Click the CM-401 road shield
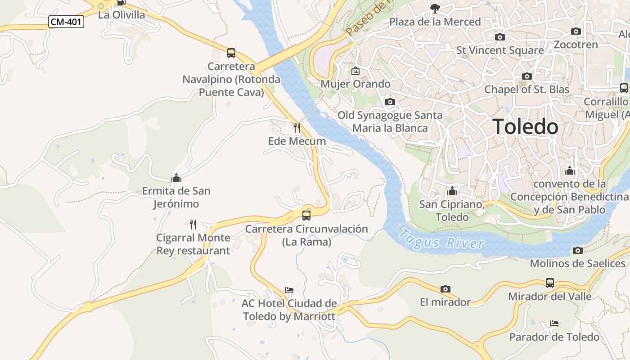click(x=66, y=22)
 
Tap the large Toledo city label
click(x=525, y=127)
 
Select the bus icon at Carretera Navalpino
click(x=231, y=53)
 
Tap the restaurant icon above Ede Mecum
click(x=297, y=127)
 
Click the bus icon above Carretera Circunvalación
click(x=306, y=215)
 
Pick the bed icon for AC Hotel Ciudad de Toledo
click(x=289, y=290)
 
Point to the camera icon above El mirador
click(x=445, y=289)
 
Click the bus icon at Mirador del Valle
click(x=549, y=283)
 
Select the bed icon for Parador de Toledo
click(x=554, y=324)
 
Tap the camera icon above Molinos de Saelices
click(x=578, y=250)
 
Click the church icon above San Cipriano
click(x=452, y=191)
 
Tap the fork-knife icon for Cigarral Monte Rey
click(x=193, y=224)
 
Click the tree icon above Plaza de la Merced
click(x=435, y=8)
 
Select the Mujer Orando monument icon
click(x=355, y=71)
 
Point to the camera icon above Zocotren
click(x=576, y=31)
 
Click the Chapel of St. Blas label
click(x=526, y=89)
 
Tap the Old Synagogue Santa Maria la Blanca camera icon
click(x=390, y=102)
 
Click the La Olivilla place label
click(x=121, y=14)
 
